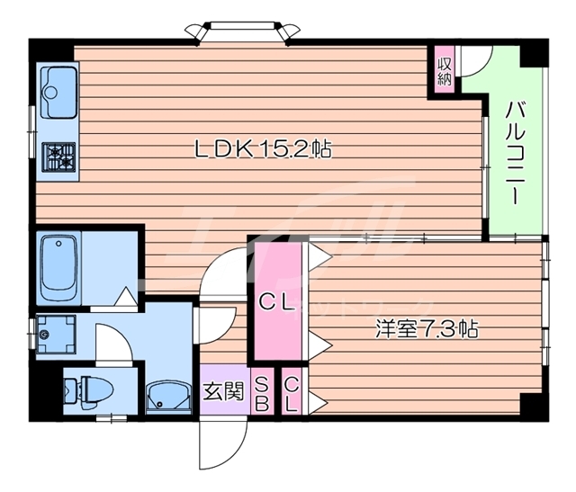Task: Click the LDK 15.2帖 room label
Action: pyautogui.click(x=263, y=149)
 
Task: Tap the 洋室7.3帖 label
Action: pyautogui.click(x=427, y=329)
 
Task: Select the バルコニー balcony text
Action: pyautogui.click(x=515, y=153)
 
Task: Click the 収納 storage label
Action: pyautogui.click(x=445, y=72)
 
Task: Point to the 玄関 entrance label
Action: pyautogui.click(x=224, y=391)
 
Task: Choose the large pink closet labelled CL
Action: pyautogui.click(x=278, y=301)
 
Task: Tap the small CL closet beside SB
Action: pyautogui.click(x=292, y=391)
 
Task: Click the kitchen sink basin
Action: pyautogui.click(x=58, y=92)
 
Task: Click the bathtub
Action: pyautogui.click(x=58, y=267)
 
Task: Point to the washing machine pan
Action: pyautogui.click(x=56, y=334)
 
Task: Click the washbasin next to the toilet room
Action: pyautogui.click(x=168, y=398)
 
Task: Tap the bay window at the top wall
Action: pyautogui.click(x=242, y=31)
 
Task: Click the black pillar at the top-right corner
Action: pyautogui.click(x=534, y=52)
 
